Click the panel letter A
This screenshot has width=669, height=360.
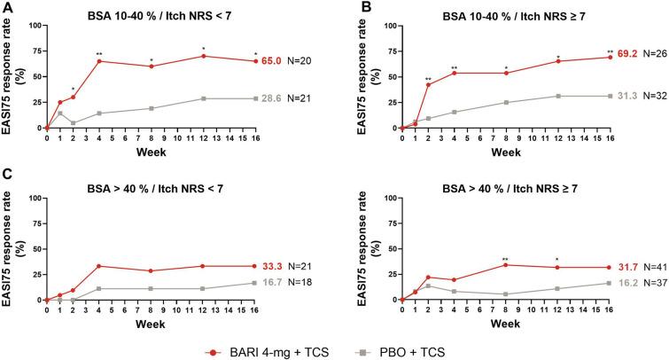[7, 8]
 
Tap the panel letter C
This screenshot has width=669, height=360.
[7, 179]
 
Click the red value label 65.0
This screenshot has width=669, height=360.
[272, 61]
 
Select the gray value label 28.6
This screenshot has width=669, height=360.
[272, 98]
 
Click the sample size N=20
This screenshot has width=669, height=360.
[300, 61]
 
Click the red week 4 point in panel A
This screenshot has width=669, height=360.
[98, 61]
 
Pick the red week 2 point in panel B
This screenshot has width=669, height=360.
[428, 84]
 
